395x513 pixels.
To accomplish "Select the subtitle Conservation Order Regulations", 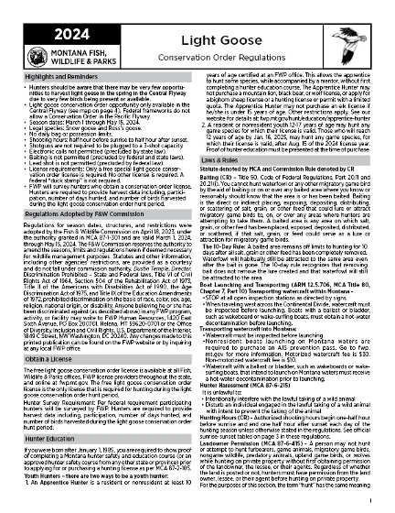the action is coord(243,36).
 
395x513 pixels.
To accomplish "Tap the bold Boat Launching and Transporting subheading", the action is coord(274,264).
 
